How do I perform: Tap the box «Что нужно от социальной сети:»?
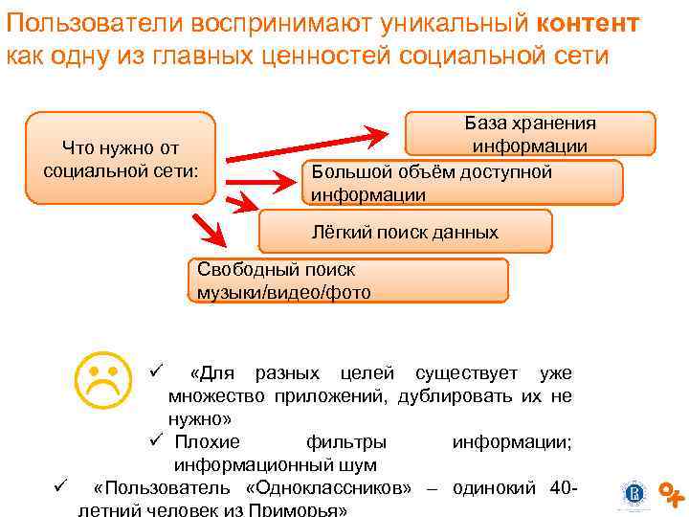click(121, 159)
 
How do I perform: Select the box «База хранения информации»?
click(530, 134)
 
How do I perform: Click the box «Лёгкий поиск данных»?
click(406, 232)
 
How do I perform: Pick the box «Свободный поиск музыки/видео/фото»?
click(346, 281)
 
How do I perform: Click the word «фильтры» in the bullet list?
click(346, 441)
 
